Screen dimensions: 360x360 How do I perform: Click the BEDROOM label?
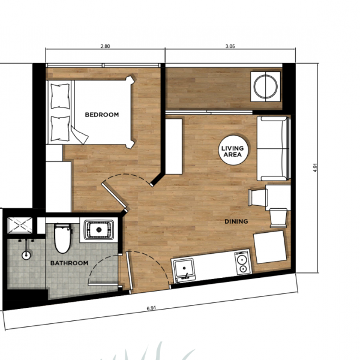[x=102, y=115]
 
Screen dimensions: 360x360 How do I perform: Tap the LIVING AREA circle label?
[x=233, y=150]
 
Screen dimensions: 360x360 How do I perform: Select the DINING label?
[x=236, y=221]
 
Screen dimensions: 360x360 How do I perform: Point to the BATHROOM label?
[x=69, y=263]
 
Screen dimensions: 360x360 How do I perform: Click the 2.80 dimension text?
[x=105, y=46]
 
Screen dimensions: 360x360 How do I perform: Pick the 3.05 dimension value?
[x=230, y=46]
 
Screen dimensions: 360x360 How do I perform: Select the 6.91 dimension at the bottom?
[x=151, y=308]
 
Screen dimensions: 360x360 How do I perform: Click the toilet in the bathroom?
[x=62, y=238]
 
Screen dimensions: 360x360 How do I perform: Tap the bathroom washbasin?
[x=99, y=230]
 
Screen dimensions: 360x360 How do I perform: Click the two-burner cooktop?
[x=242, y=263]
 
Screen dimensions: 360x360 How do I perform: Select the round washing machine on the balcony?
[x=265, y=86]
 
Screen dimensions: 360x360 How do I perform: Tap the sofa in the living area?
[x=274, y=149]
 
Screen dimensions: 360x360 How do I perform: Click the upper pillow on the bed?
[x=60, y=96]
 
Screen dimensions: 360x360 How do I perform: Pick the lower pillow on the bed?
[x=60, y=128]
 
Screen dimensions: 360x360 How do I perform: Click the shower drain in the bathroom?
[x=26, y=255]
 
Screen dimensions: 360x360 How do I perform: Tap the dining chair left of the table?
[x=258, y=197]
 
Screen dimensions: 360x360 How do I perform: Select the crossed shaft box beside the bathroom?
[x=20, y=226]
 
